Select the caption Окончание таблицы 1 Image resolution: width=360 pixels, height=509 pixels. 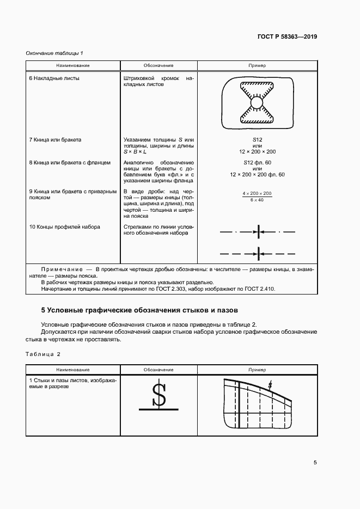54,53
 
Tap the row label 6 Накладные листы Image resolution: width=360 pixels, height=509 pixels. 54,78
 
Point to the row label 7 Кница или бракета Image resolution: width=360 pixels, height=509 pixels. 54,140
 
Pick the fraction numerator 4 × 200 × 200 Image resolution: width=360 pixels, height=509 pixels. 257,194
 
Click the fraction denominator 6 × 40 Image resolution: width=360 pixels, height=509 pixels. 257,200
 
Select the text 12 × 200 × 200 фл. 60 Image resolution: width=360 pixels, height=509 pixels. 257,174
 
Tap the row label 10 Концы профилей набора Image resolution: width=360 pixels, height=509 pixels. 64,226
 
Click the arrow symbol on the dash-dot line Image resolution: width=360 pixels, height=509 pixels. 258,232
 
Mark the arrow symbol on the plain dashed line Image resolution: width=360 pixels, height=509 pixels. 258,253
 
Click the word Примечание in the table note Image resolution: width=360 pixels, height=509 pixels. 60,269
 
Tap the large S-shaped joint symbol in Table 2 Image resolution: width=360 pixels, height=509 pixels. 158,395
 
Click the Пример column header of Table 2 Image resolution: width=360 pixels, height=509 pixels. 257,370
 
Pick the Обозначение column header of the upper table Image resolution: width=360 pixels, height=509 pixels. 158,65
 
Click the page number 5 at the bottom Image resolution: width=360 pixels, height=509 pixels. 315,463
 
